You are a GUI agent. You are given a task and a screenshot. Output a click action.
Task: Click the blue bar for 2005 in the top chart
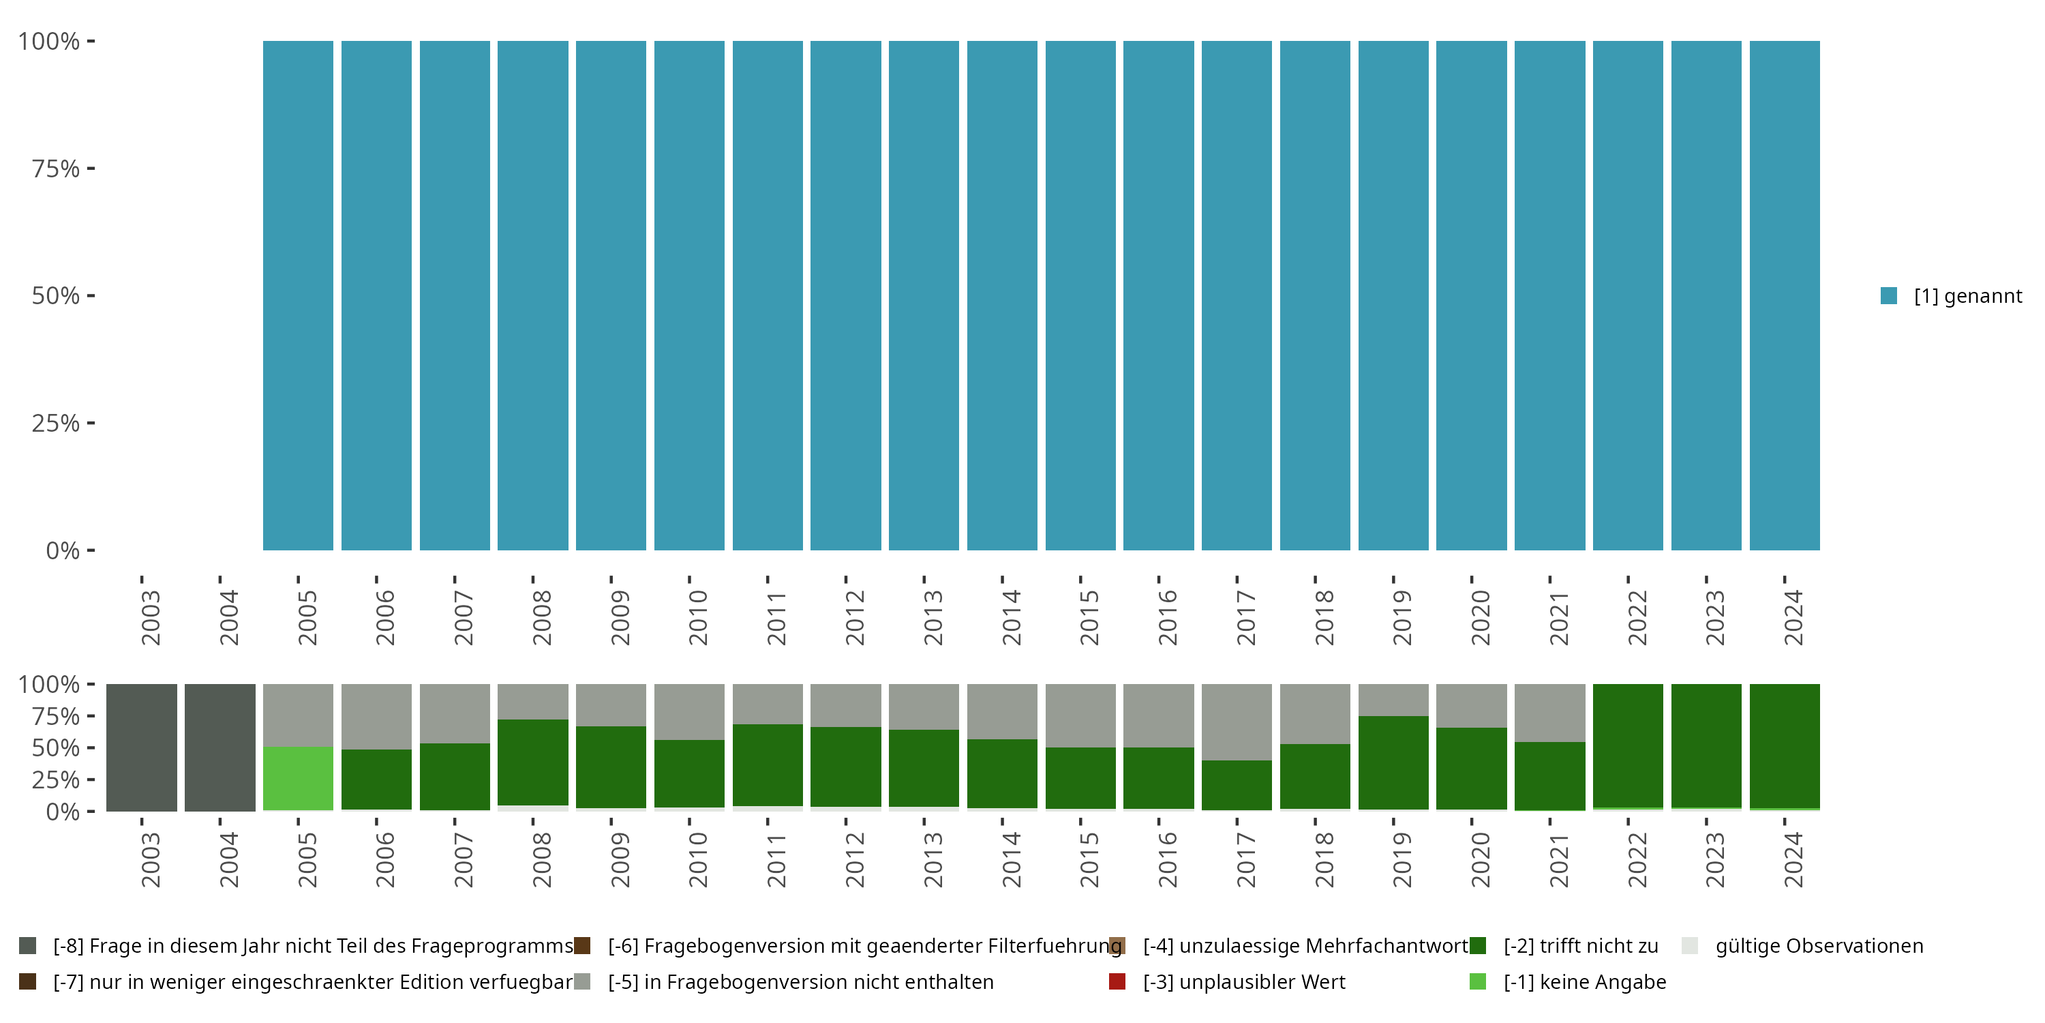pos(298,295)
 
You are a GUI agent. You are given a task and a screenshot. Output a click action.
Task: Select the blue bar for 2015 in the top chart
pos(1080,295)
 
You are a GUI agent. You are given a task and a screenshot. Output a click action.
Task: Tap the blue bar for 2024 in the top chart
pos(1784,295)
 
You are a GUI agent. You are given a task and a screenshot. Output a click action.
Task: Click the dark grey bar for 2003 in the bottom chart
pos(141,747)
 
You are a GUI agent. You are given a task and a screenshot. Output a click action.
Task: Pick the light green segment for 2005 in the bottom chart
pos(298,778)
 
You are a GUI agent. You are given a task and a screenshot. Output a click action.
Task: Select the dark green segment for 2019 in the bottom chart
pos(1393,762)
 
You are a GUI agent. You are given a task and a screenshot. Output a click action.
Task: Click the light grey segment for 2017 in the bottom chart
pos(1236,721)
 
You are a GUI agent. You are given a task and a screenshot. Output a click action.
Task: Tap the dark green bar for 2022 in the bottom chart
pos(1627,745)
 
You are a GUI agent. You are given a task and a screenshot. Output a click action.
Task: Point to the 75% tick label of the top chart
pos(56,168)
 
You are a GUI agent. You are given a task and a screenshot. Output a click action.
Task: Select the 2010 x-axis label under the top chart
pos(698,618)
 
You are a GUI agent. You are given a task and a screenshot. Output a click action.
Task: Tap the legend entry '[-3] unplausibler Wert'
pos(1243,981)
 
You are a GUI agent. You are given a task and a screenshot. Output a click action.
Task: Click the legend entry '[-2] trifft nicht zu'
pos(1581,946)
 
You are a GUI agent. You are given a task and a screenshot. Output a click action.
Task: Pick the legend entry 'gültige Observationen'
pos(1819,946)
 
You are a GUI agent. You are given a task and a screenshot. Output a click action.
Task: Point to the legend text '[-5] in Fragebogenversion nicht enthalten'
pos(800,981)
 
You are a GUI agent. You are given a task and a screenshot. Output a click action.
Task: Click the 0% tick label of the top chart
pos(62,550)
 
